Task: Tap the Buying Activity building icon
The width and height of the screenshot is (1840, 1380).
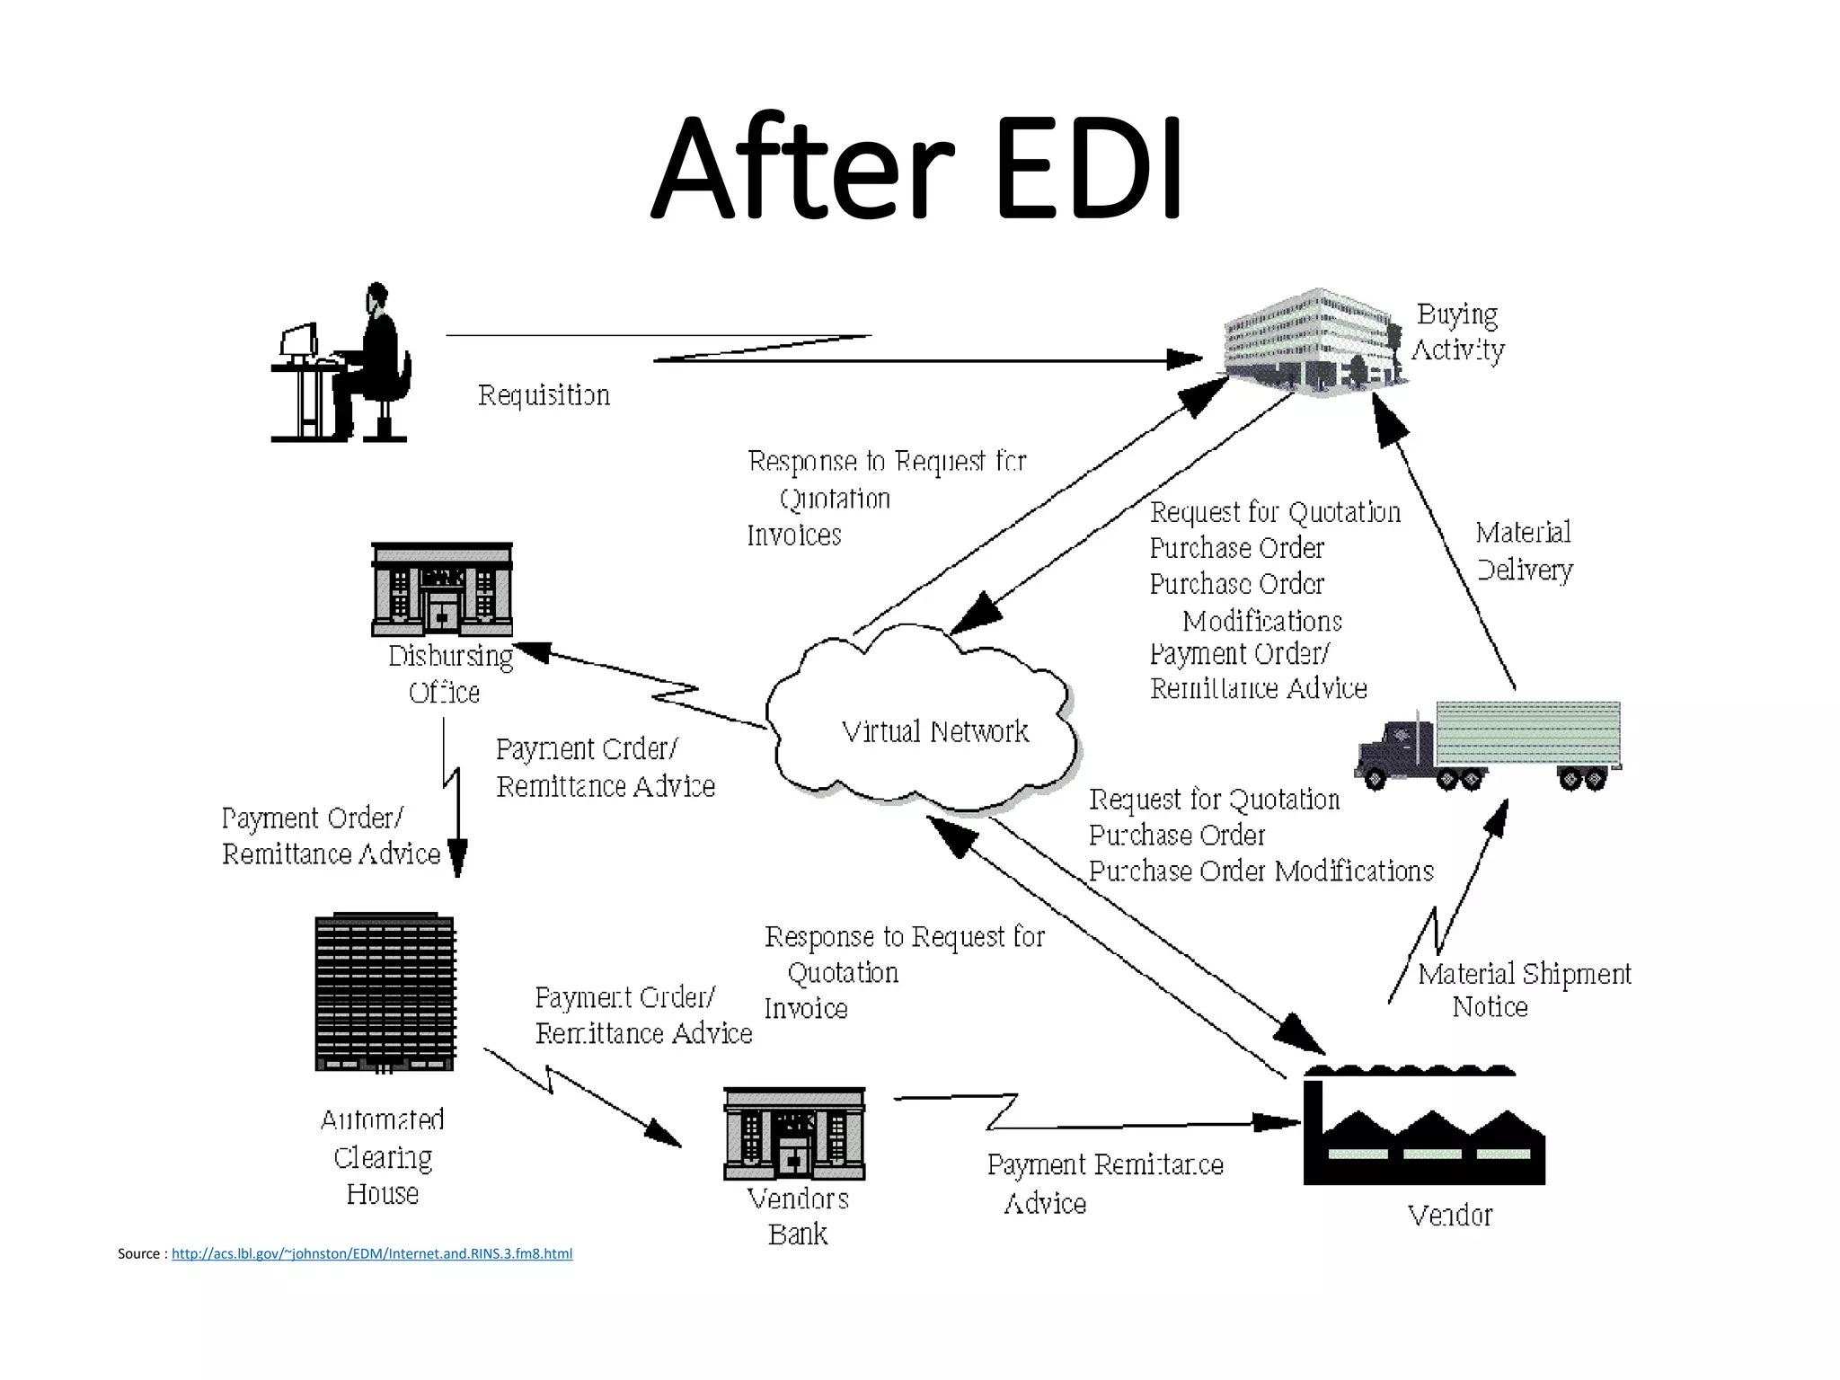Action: point(1312,341)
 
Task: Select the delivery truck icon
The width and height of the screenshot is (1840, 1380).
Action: point(1488,746)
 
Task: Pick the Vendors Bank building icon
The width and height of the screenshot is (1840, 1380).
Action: point(794,1134)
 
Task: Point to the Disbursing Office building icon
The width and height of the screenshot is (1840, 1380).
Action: point(442,589)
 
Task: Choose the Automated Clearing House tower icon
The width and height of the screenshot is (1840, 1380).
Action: point(385,994)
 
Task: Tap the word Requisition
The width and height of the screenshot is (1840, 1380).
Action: point(544,395)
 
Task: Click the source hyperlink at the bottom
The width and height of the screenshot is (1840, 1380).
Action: point(371,1253)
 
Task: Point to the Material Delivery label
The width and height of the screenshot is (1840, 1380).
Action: point(1524,551)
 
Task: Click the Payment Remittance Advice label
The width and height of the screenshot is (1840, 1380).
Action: point(1104,1183)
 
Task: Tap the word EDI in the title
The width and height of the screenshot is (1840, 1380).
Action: point(1088,171)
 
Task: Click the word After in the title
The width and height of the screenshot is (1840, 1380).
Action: point(801,171)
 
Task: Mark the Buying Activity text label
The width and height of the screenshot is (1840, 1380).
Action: point(1457,332)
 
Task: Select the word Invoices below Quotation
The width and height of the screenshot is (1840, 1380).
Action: point(794,535)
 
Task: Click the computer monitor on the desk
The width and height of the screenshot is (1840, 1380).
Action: point(299,341)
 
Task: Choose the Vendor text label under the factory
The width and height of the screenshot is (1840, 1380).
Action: point(1449,1216)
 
